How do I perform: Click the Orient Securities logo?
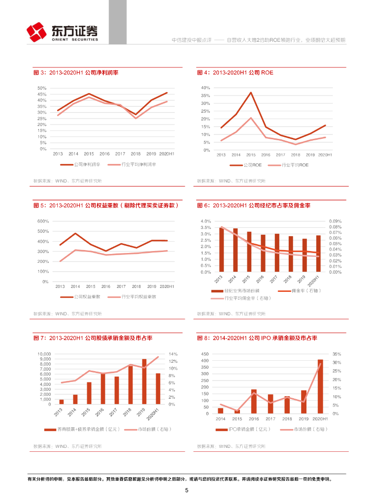(x=62, y=32)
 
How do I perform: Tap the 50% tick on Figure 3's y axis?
(x=42, y=88)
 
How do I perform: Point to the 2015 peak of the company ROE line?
(x=251, y=93)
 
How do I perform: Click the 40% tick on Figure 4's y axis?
(x=205, y=88)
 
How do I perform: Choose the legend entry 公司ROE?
(x=256, y=165)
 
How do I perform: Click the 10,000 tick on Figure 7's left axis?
(x=44, y=354)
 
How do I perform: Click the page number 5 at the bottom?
(x=186, y=490)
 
